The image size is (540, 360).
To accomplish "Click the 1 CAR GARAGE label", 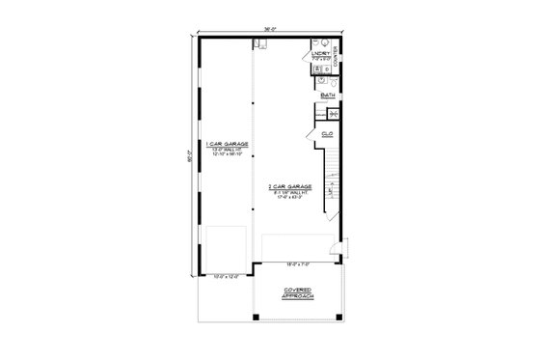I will (228, 143).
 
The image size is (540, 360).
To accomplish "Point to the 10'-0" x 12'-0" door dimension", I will (225, 277).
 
